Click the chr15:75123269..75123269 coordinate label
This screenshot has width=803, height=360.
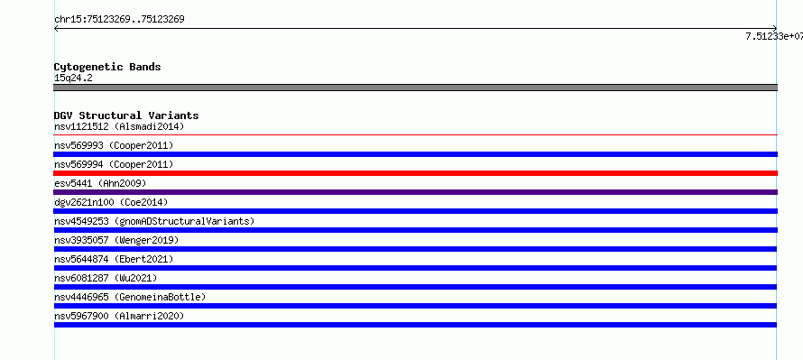pyautogui.click(x=119, y=20)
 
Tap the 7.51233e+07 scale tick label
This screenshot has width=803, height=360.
pyautogui.click(x=774, y=36)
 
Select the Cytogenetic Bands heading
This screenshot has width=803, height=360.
pyautogui.click(x=107, y=67)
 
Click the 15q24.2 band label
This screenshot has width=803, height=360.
pyautogui.click(x=73, y=78)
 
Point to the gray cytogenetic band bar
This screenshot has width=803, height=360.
pyautogui.click(x=415, y=88)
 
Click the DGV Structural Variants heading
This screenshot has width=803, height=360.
pyautogui.click(x=126, y=115)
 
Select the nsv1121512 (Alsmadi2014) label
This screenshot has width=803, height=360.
pyautogui.click(x=119, y=126)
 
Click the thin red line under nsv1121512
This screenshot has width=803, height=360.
pyautogui.click(x=415, y=134)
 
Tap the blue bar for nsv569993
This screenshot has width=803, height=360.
pyautogui.click(x=415, y=154)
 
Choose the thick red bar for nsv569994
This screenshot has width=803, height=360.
pyautogui.click(x=415, y=173)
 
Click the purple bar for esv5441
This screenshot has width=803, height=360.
pyautogui.click(x=415, y=192)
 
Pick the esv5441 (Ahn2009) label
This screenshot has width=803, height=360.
pyautogui.click(x=100, y=183)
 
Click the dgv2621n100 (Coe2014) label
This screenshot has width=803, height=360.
pyautogui.click(x=111, y=202)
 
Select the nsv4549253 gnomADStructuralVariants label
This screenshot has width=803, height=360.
pyautogui.click(x=154, y=221)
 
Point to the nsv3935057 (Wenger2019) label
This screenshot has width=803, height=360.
pyautogui.click(x=116, y=240)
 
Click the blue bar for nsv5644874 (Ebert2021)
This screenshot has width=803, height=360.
pyautogui.click(x=415, y=268)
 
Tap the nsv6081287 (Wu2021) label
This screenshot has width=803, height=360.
pyautogui.click(x=106, y=278)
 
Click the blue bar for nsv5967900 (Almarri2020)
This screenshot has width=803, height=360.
pyautogui.click(x=415, y=325)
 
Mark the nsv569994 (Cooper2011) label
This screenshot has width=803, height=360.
pyautogui.click(x=114, y=164)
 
